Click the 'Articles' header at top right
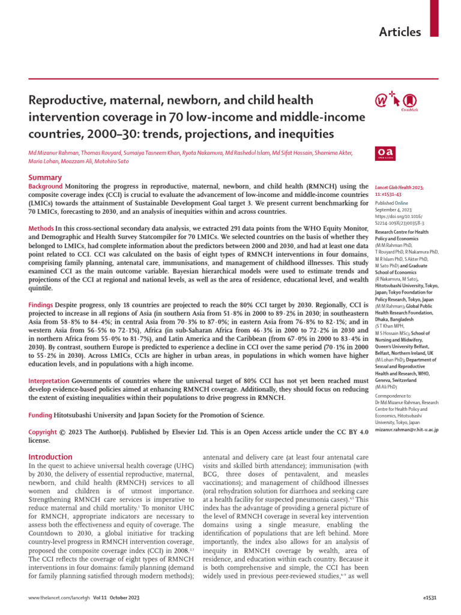tap(400, 32)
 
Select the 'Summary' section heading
tap(45, 177)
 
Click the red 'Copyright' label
tap(44, 432)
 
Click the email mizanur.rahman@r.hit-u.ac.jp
tap(406, 429)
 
